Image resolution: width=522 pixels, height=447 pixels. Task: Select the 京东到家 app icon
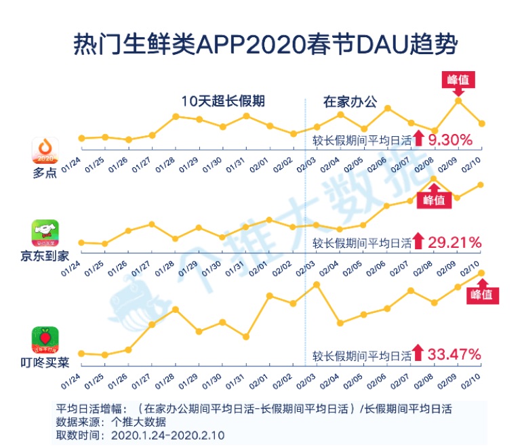(x=45, y=233)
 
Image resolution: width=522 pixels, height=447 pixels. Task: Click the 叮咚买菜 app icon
(x=45, y=340)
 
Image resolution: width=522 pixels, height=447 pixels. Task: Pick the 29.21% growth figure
(x=455, y=242)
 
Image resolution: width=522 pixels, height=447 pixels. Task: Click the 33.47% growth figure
(x=455, y=354)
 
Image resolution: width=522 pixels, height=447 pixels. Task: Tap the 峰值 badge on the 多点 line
(x=458, y=79)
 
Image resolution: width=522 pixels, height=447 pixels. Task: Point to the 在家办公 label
(x=350, y=102)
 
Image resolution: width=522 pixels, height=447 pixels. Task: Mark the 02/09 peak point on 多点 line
(x=458, y=100)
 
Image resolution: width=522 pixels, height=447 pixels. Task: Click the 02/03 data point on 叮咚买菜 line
(x=316, y=284)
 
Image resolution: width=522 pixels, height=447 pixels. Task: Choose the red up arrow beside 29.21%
(x=418, y=241)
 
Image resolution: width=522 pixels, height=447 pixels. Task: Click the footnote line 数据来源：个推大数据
(x=102, y=421)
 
